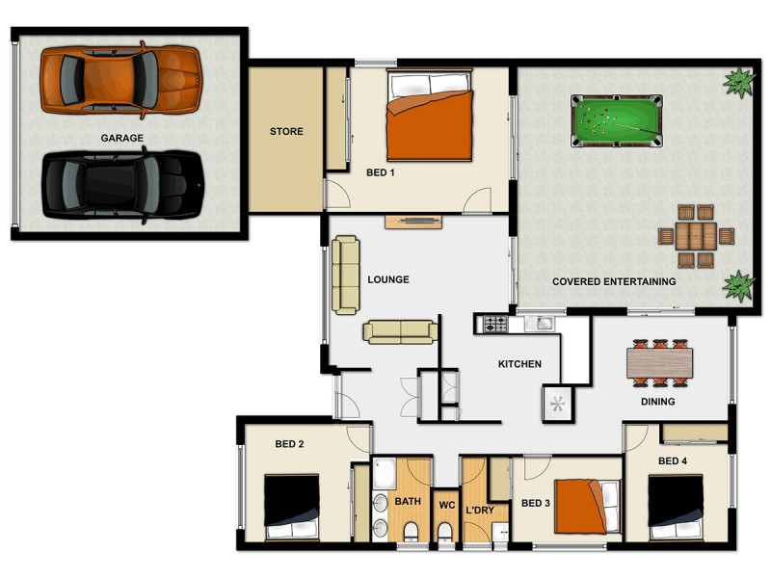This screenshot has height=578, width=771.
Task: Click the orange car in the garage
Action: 120,78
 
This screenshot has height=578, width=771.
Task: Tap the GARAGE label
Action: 122,138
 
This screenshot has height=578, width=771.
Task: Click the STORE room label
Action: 286,132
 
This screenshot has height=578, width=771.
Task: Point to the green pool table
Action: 617,120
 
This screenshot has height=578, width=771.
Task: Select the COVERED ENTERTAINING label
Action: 613,282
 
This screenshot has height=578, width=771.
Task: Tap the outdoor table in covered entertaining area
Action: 696,235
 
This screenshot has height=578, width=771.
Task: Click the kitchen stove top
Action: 494,325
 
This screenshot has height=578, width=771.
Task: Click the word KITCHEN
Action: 519,364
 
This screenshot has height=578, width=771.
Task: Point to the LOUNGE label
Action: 388,280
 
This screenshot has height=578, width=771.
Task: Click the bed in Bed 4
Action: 683,507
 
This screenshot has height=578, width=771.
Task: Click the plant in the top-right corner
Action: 739,83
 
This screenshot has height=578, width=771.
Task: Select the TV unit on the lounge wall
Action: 413,223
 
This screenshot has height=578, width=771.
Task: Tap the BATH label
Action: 408,502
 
